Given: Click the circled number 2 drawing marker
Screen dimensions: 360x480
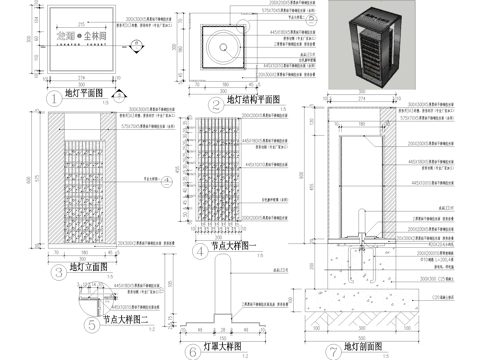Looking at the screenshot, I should (x=214, y=103).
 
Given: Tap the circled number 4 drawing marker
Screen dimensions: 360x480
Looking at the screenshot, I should (x=199, y=251).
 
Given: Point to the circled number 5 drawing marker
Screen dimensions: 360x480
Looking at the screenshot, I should (x=91, y=321).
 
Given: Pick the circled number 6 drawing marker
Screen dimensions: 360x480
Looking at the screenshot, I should (x=192, y=350).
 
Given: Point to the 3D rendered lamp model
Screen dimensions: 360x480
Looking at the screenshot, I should (x=368, y=46).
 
